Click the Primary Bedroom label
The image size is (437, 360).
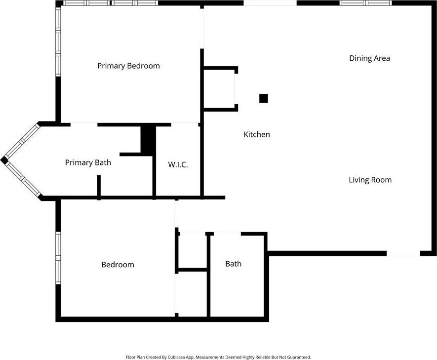point(128,66)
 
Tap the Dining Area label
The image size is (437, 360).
point(369,58)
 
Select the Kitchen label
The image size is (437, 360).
point(257,134)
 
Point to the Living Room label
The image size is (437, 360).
point(370,180)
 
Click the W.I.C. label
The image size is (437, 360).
point(178,164)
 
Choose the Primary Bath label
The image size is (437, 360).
point(88,162)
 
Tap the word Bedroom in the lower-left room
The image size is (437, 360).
point(118,264)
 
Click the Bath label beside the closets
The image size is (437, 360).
point(233,264)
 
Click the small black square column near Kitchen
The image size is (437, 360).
point(264,98)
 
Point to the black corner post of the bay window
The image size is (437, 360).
point(4,160)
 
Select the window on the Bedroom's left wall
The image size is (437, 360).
point(58,258)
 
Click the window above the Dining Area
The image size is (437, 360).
point(366,3)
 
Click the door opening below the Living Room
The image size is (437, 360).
point(403,253)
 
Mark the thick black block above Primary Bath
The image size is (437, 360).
point(148,140)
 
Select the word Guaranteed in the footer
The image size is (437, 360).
point(299,357)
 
